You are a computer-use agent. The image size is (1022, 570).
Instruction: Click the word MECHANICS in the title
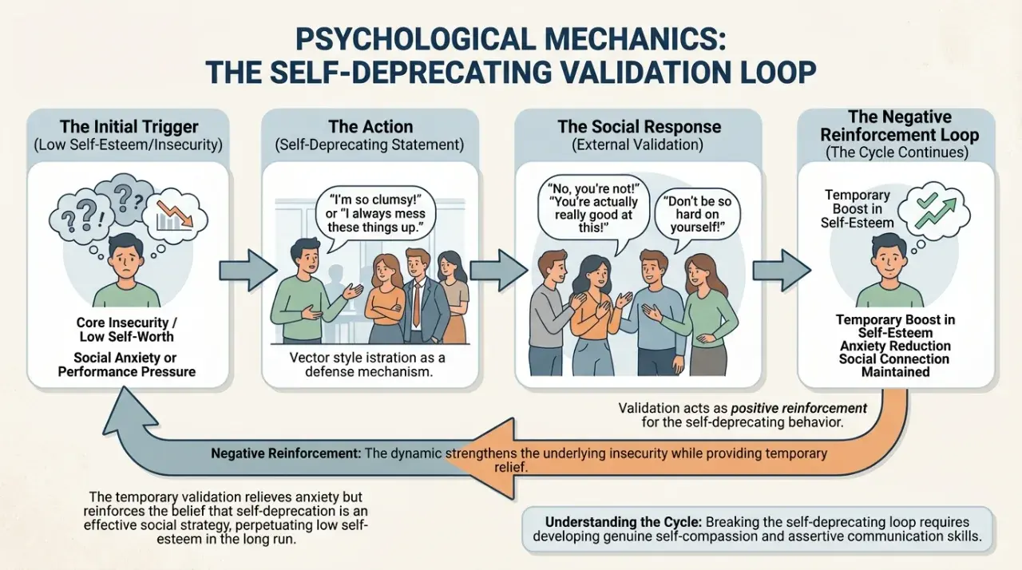(631, 39)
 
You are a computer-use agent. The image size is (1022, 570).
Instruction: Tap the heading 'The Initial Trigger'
(129, 126)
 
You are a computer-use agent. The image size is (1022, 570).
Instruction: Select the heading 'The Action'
(370, 126)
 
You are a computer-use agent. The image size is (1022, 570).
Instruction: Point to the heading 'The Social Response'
(639, 126)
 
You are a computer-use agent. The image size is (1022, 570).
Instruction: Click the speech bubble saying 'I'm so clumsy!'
(374, 214)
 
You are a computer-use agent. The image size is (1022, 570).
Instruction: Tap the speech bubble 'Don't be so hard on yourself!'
(697, 216)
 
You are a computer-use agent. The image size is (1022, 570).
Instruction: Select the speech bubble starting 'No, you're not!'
(593, 209)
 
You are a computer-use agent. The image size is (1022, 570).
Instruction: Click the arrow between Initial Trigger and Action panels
(248, 271)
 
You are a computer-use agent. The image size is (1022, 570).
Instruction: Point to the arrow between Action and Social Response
(499, 271)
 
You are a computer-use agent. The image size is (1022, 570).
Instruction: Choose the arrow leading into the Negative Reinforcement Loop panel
(782, 271)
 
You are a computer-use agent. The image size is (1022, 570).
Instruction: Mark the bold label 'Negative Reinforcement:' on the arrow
(286, 453)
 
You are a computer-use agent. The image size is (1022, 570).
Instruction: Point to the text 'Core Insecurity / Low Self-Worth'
(126, 330)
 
